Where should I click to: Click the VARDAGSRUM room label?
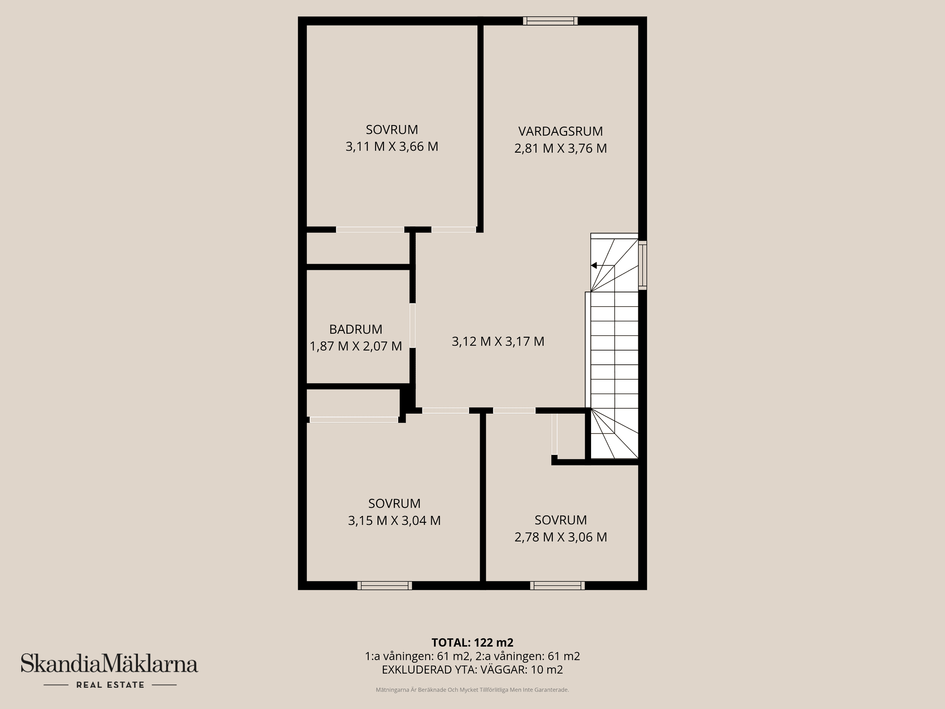tap(560, 131)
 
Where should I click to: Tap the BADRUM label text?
tap(355, 329)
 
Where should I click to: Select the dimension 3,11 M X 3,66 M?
tap(392, 147)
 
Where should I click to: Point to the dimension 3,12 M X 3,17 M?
tap(498, 341)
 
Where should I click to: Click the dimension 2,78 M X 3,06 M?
tap(561, 537)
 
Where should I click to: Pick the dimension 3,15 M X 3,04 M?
tap(394, 520)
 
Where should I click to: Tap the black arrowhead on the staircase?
tap(594, 265)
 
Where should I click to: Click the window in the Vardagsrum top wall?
tap(550, 21)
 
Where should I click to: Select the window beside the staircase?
tap(642, 264)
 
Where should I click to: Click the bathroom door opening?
tap(412, 325)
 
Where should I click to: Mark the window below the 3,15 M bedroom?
tap(384, 585)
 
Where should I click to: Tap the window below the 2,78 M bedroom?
tap(558, 585)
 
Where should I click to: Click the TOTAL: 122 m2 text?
tap(472, 643)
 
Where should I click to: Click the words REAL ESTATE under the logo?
tap(110, 685)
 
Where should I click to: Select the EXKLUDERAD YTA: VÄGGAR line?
tap(472, 670)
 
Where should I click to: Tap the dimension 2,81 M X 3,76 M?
tap(561, 148)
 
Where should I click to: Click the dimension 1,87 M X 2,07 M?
tap(356, 346)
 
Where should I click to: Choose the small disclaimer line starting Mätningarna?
tap(472, 690)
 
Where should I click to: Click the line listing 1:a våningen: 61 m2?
tap(472, 656)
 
